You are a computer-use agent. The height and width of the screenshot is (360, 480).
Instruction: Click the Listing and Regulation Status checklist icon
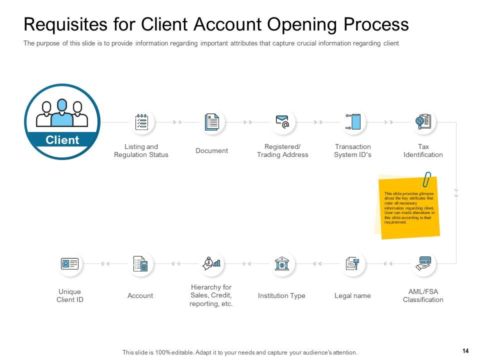point(141,122)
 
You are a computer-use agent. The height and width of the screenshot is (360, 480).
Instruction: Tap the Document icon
point(212,122)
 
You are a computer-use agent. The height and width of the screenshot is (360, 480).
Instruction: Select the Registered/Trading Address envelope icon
point(282,122)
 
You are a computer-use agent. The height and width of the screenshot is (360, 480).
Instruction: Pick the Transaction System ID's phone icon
point(353,122)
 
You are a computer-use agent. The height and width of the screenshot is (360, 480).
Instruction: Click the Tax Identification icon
point(423,122)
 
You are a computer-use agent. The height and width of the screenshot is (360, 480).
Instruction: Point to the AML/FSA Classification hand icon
point(424,263)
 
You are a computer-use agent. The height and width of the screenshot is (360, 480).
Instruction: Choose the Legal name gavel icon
point(352,263)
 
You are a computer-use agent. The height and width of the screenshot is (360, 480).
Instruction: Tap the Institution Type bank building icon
point(282,263)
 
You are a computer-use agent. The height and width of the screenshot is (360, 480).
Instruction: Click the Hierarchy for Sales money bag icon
point(211,263)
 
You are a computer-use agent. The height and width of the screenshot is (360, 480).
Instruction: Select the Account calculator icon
point(140,263)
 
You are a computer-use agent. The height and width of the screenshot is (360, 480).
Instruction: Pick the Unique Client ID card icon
point(69,263)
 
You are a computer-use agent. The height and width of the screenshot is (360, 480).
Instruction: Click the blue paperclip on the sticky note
point(427,179)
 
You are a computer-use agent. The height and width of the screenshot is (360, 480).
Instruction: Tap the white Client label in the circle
point(62,140)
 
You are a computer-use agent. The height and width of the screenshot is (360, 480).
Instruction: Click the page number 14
point(465,351)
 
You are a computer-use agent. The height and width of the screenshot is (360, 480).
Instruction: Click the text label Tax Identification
point(423,150)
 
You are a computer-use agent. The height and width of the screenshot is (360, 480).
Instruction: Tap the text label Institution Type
point(281,295)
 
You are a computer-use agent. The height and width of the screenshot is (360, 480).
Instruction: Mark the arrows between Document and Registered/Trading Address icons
point(247,122)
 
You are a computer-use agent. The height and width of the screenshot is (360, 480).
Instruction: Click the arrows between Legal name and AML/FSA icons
point(388,263)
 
